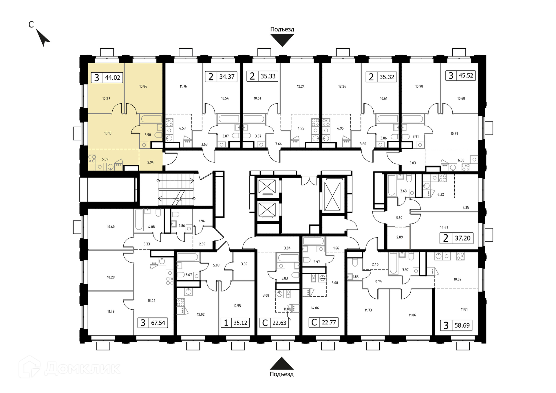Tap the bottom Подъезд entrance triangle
click(282, 363)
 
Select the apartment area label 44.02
click(113, 78)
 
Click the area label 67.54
click(158, 323)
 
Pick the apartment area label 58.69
click(462, 325)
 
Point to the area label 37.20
click(462, 238)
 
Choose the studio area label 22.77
click(329, 322)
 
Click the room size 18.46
click(151, 301)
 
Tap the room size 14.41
click(444, 227)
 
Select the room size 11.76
click(183, 86)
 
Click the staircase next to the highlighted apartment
click(175, 190)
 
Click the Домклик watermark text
click(83, 368)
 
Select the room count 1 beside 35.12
click(226, 323)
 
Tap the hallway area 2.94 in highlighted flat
click(151, 162)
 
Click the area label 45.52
click(466, 76)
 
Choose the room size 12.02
click(201, 314)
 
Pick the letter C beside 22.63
click(265, 323)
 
